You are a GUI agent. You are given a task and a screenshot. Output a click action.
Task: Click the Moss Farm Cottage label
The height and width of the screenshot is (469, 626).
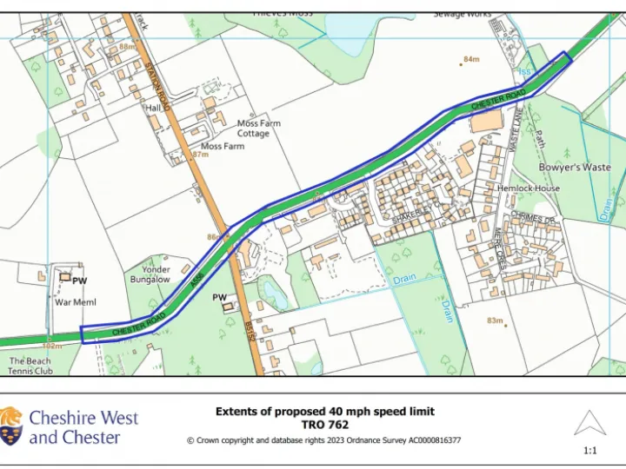point(258,129)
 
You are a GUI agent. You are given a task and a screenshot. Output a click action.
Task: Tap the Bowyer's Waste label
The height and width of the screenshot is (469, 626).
point(575,167)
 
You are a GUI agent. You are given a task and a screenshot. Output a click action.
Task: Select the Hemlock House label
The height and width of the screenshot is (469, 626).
point(529,188)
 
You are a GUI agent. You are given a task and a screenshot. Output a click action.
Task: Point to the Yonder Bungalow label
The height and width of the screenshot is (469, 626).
point(150,274)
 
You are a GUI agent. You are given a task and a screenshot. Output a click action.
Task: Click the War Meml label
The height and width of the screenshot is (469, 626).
point(76,302)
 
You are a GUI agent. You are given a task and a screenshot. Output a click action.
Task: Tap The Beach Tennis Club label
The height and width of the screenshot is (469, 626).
point(31,366)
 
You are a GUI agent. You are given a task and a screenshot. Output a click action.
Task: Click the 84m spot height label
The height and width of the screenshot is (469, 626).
point(471,59)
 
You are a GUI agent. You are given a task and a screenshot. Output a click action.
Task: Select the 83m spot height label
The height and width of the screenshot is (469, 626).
point(495,321)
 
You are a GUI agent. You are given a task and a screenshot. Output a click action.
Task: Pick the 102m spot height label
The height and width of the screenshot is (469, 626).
point(54,346)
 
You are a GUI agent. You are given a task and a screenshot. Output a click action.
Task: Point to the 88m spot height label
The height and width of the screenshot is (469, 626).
point(128,47)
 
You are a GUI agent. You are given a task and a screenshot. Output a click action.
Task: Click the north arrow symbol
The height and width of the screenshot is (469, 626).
point(589,424)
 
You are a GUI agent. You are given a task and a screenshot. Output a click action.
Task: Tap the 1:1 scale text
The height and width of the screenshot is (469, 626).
point(589,451)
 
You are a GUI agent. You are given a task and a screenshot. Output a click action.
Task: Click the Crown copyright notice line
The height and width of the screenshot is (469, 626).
point(324,440)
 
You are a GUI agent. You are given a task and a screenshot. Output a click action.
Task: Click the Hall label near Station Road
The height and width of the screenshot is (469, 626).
point(154,109)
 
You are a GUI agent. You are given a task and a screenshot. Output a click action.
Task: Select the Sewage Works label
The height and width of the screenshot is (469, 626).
point(463,15)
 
